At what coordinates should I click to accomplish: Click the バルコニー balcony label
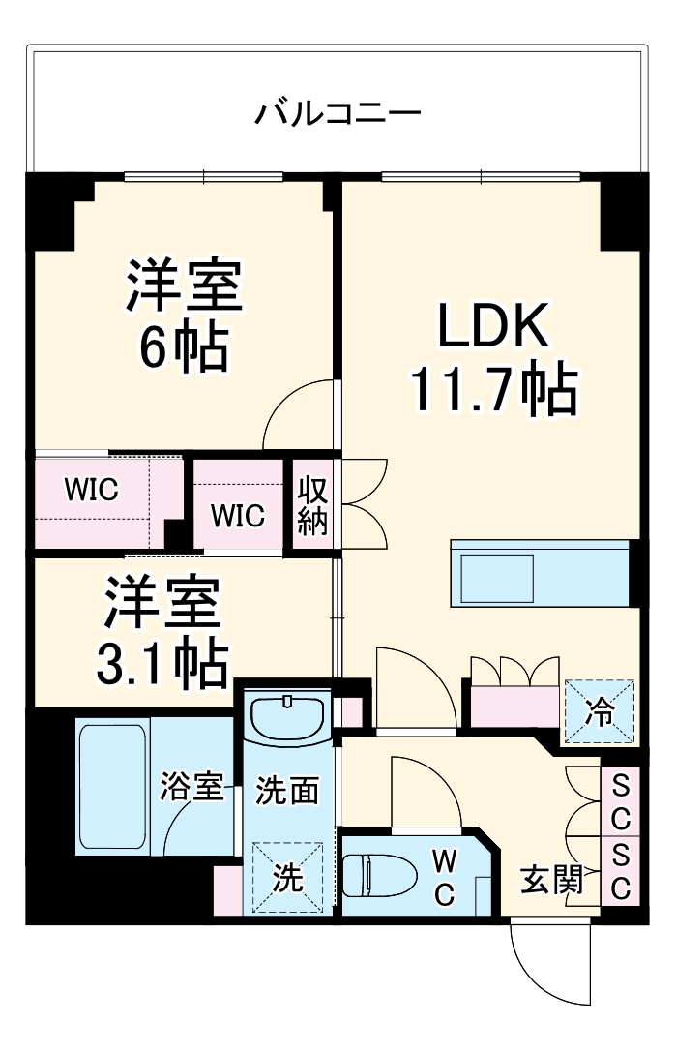coord(338,115)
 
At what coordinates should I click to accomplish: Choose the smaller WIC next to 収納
coord(238,516)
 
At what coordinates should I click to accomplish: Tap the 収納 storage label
coord(313,504)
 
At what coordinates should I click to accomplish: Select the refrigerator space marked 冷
coord(600,712)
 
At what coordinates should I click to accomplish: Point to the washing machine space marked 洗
coord(286,878)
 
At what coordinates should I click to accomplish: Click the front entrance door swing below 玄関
coord(547,958)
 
